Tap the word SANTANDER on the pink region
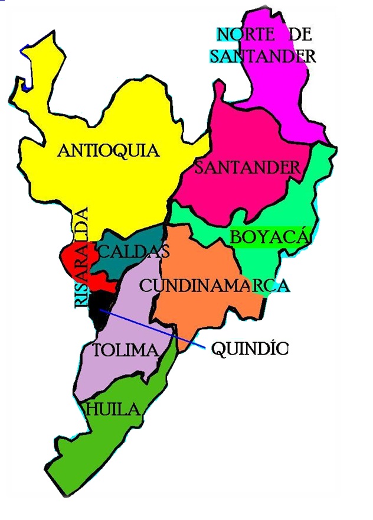tap(247, 167)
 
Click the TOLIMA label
tap(126, 350)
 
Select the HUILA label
tap(113, 409)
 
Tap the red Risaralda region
tap(70, 260)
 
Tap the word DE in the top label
tap(300, 34)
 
